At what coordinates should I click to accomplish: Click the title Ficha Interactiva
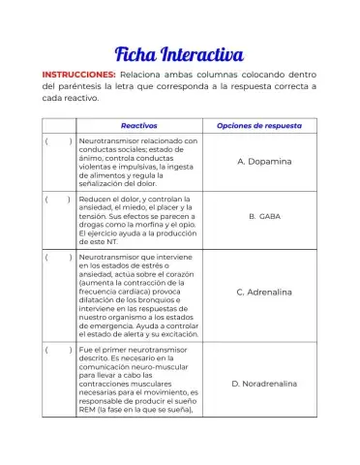coord(179,50)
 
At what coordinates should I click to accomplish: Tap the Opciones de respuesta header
coord(258,126)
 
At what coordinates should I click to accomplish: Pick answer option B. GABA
coord(264,217)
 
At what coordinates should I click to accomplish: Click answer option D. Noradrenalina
coord(264,384)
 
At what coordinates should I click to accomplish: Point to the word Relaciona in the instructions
coord(141,74)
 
